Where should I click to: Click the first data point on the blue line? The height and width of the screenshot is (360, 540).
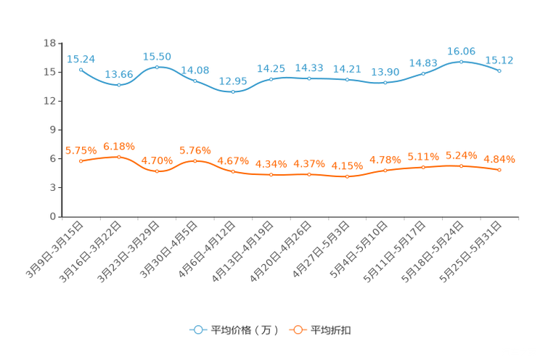coord(81,69)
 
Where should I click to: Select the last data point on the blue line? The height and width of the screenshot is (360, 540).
coord(499,70)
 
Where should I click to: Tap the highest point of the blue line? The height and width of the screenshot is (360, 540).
coord(461,62)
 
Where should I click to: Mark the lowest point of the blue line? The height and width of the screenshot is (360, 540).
coord(233,92)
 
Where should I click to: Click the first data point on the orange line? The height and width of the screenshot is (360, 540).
coord(81,161)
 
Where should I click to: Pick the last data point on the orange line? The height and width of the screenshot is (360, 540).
coord(499,169)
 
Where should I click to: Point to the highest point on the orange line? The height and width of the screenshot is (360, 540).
coord(118,156)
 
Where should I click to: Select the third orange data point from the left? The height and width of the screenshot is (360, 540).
coord(157,171)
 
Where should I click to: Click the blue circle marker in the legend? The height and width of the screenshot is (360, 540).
coord(197,330)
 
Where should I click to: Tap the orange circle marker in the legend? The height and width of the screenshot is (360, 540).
coord(297,330)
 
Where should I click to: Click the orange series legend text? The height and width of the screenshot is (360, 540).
coord(332,330)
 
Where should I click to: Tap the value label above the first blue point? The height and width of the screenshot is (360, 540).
coord(81,58)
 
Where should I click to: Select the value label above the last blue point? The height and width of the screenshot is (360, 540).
coord(499,60)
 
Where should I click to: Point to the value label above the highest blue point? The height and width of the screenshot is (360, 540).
coord(461,51)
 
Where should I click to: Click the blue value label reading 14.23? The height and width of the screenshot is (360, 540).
coord(309,67)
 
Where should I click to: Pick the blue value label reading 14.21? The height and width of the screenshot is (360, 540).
coord(347,68)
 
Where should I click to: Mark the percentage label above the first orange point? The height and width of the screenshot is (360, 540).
coord(81,150)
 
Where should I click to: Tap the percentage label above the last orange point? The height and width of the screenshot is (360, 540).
coord(499,158)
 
